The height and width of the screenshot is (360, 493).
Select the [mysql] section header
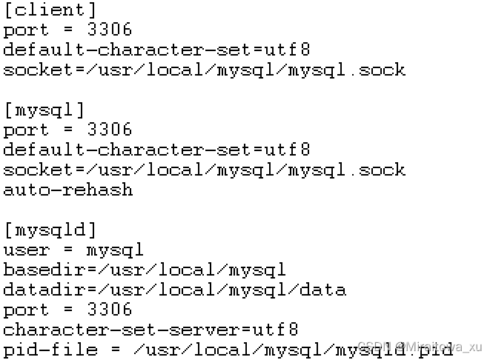coord(44,110)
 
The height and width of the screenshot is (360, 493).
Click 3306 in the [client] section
coord(109,30)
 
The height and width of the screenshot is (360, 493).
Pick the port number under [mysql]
coord(109,130)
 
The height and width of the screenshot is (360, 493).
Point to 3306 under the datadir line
coord(109,310)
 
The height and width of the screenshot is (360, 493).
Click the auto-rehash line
coord(68,190)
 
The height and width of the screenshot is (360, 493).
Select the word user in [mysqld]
coord(27,250)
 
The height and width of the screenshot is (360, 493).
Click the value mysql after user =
coord(114,250)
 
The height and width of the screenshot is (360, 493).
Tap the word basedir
coord(44,270)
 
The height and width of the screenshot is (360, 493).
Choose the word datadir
coord(44,290)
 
